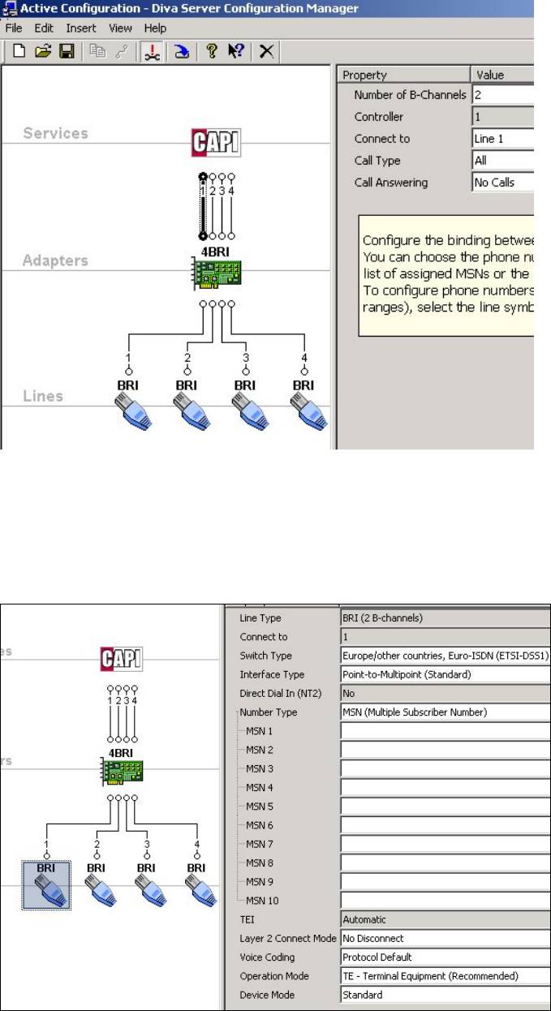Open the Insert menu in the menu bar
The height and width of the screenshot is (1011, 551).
click(81, 28)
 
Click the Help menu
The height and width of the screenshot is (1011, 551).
click(155, 28)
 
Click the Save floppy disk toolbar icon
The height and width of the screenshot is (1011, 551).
click(67, 51)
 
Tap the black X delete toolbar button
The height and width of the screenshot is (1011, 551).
click(266, 51)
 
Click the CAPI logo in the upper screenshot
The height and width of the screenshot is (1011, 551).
click(216, 142)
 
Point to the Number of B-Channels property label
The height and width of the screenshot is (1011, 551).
click(410, 95)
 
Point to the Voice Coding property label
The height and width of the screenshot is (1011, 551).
click(269, 957)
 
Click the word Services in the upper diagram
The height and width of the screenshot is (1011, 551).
click(55, 133)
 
